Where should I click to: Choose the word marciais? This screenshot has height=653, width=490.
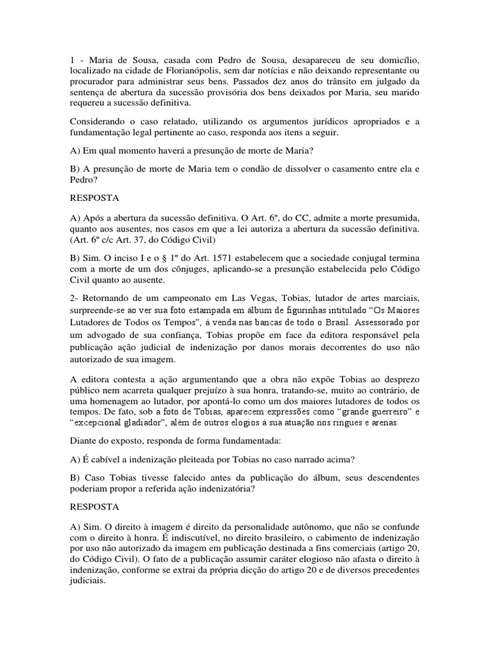[x=401, y=299]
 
